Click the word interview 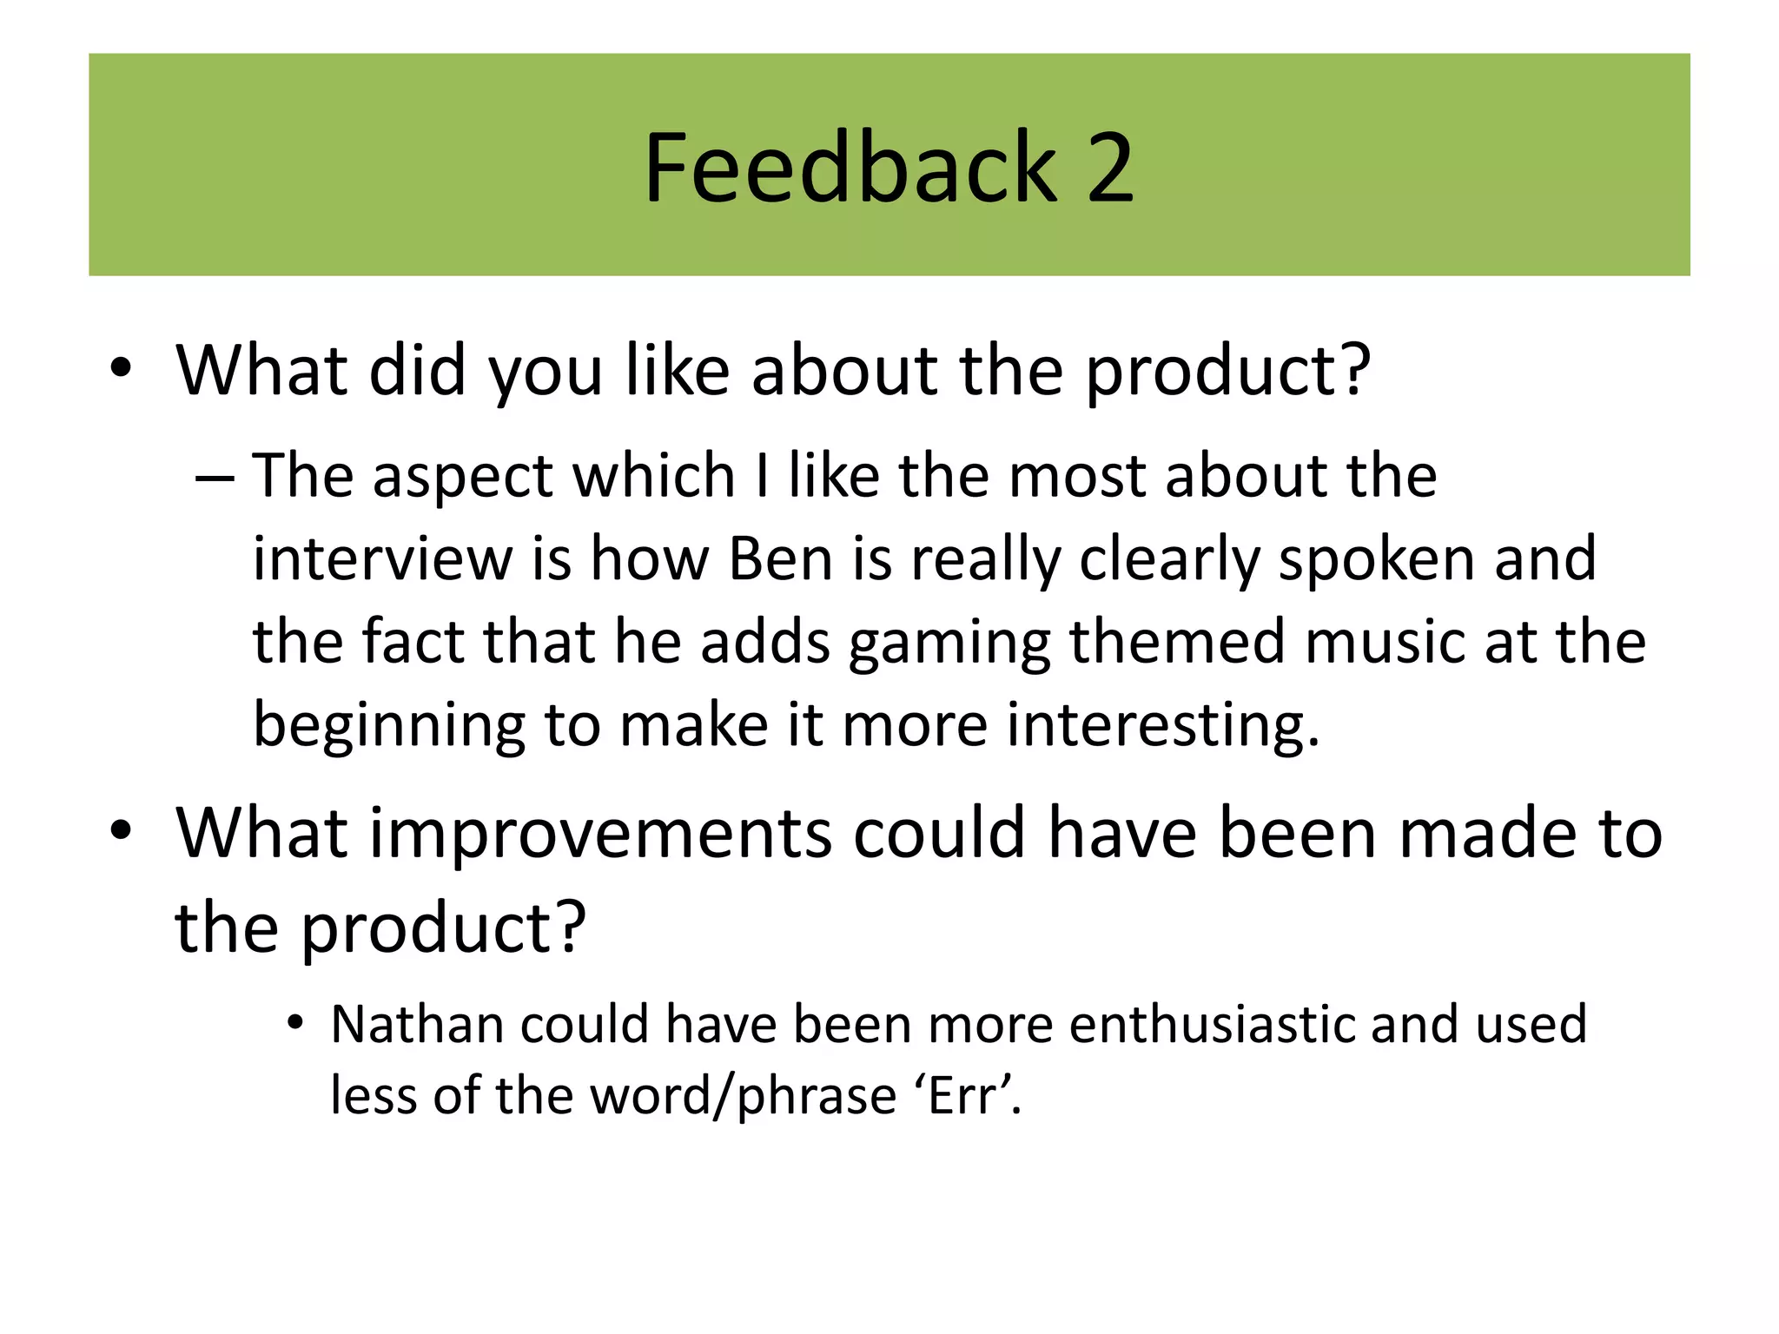click(382, 558)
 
